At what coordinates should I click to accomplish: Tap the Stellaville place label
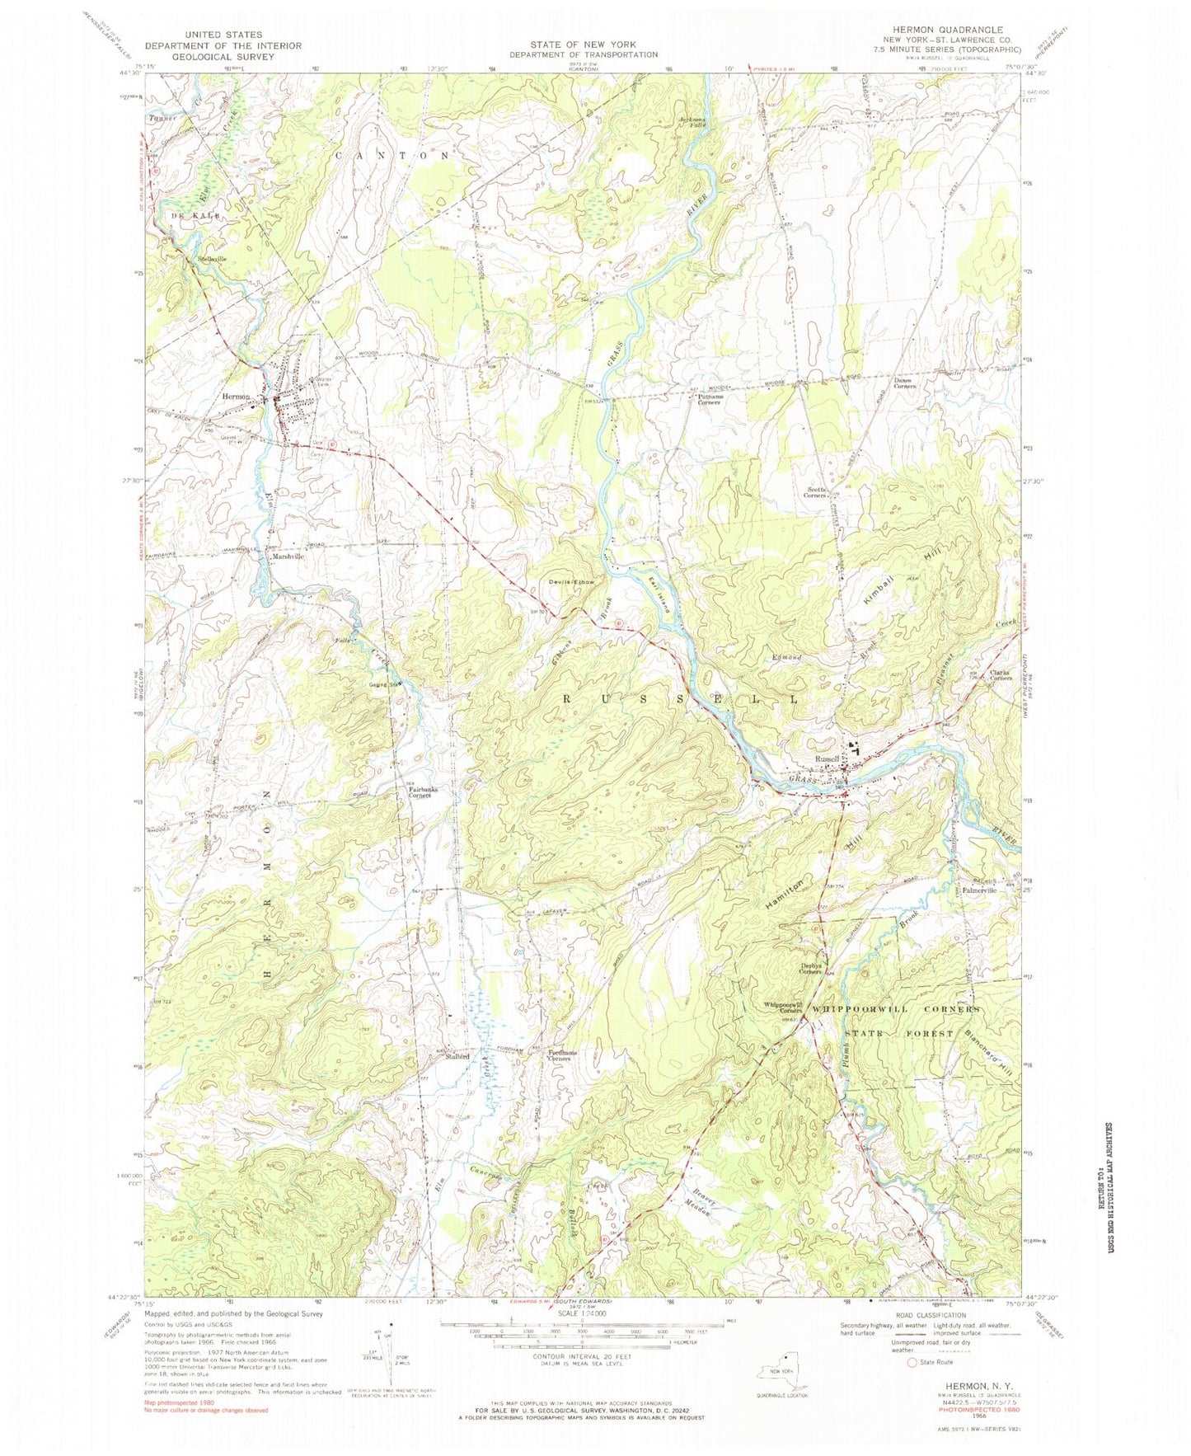click(211, 259)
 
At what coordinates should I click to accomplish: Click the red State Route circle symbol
click(912, 1363)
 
